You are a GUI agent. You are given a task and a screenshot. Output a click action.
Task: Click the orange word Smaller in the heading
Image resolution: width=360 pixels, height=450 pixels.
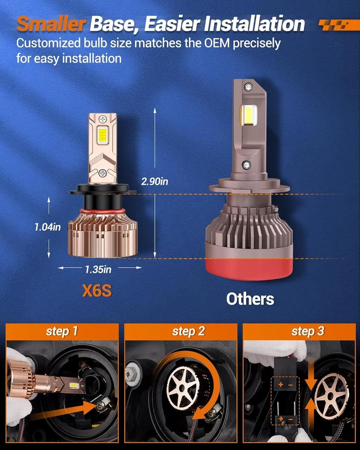point(51,24)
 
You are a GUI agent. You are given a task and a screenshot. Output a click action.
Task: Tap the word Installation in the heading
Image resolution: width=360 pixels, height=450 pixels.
point(254,24)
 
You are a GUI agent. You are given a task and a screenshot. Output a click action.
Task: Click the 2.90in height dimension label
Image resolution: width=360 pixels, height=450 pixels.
point(154,182)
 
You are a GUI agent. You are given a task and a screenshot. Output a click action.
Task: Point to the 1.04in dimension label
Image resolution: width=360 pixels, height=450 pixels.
point(48,227)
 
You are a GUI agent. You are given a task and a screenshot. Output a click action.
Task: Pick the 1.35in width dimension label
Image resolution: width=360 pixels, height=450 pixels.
point(98,270)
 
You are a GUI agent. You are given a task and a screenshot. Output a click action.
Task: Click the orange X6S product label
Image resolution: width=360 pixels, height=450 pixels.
point(97,291)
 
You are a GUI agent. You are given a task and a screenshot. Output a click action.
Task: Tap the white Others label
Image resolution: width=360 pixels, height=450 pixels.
point(250,299)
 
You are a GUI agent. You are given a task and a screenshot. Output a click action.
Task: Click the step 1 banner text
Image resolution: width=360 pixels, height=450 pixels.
point(62,331)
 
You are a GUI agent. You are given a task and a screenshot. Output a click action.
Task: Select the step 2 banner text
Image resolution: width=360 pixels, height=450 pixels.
point(189,331)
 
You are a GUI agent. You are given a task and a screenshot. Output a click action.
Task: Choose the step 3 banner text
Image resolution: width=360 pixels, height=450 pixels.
point(307,331)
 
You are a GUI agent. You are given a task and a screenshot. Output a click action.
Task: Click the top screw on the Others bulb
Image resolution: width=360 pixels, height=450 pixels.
point(248,86)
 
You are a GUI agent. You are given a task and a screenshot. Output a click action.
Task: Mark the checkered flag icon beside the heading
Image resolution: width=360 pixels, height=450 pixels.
point(335,25)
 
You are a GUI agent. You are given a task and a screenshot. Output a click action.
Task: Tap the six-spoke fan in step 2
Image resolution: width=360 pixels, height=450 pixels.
point(181,388)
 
